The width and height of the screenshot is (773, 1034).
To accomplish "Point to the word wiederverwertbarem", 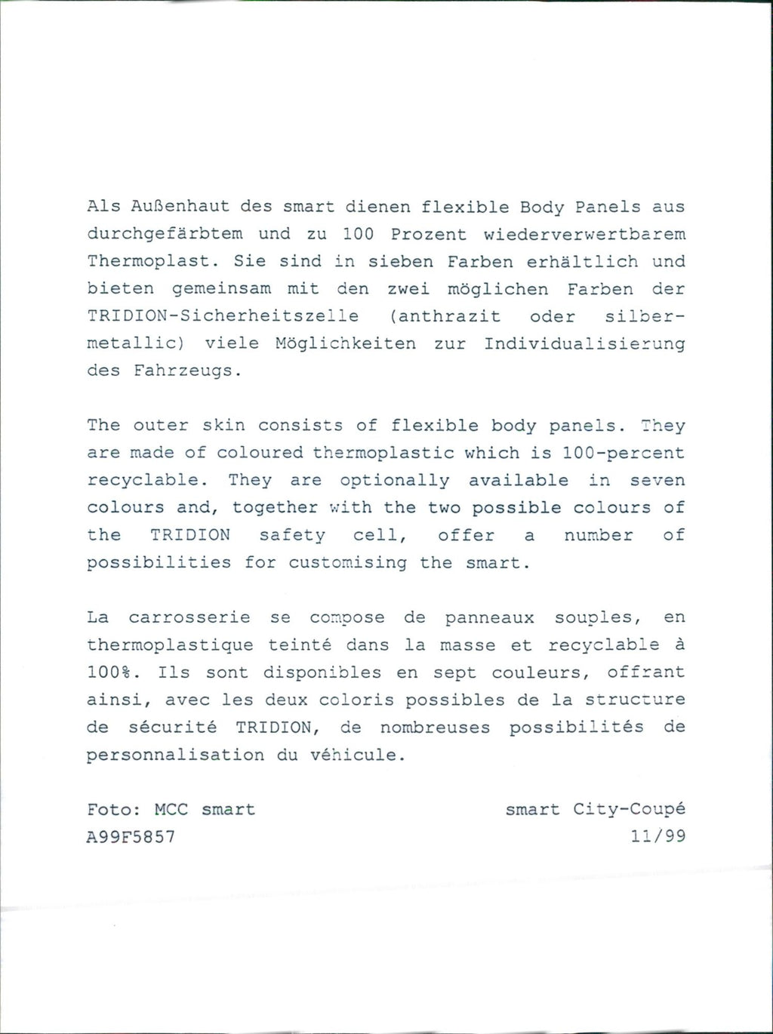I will (584, 234).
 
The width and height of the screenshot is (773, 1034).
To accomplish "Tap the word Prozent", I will (428, 234).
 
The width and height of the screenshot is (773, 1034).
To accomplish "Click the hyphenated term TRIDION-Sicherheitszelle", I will (223, 316).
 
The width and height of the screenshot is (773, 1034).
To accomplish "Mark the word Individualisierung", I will (584, 343).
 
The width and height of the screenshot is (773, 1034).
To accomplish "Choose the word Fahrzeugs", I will (187, 371).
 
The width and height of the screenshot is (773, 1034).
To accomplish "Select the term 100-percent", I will (624, 453).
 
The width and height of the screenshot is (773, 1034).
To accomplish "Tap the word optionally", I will (395, 481).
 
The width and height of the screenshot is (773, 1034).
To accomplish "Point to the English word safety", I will (292, 536).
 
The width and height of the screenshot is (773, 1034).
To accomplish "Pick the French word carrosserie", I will (189, 618).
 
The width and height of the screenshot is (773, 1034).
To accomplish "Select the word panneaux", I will (489, 618).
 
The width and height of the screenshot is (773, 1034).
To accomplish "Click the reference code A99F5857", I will (131, 837).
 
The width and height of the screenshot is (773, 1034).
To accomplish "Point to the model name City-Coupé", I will (629, 810).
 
